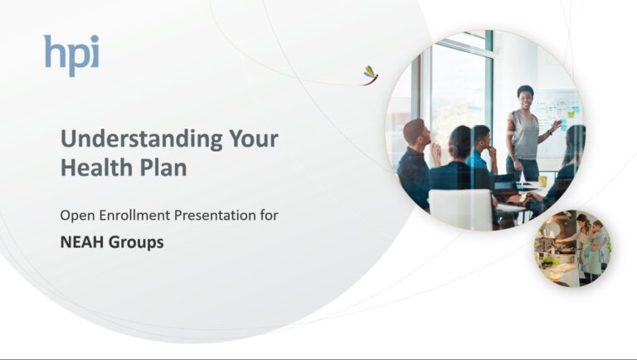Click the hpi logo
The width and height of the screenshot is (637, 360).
pos(71,56)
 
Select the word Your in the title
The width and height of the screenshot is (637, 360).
pos(254,139)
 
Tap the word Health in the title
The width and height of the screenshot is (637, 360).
pos(93,167)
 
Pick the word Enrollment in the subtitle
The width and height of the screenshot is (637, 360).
pos(135,215)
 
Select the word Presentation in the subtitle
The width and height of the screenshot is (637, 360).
pos(216,216)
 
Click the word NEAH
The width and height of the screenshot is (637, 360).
pos(82,242)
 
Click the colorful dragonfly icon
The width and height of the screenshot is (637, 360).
pos(371,75)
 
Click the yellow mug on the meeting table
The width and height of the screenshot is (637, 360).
pos(542,181)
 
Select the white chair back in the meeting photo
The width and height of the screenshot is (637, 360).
pos(460,210)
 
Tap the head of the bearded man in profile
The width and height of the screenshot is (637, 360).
pos(417,133)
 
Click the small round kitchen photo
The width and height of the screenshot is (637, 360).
pos(572,248)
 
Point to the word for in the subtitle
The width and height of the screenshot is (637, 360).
pos(270,215)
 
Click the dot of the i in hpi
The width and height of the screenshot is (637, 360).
pos(95,40)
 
